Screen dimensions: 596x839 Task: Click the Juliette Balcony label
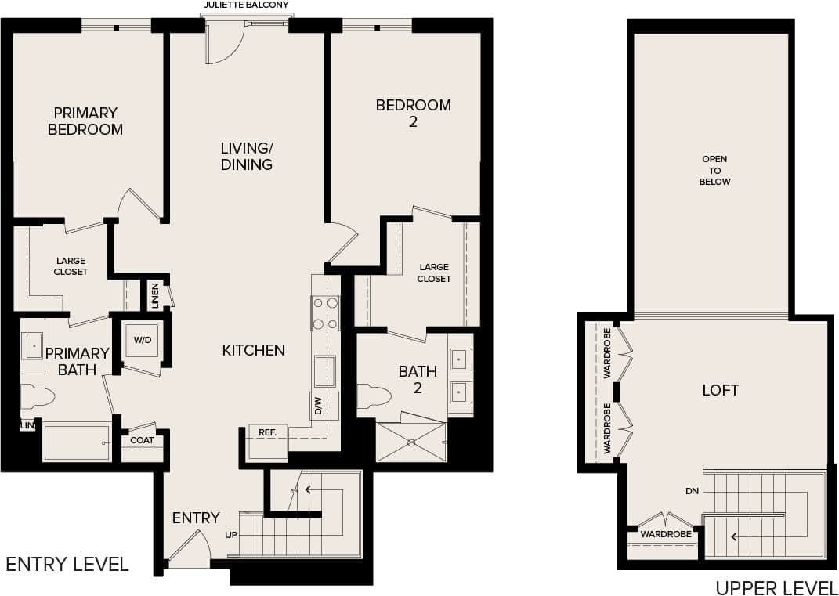246,5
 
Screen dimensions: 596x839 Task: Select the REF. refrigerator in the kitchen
267,442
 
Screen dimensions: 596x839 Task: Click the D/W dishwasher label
318,406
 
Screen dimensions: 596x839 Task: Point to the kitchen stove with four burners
325,313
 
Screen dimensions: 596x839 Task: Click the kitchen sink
325,370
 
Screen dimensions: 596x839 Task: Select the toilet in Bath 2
374,397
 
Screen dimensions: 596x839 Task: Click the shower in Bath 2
411,442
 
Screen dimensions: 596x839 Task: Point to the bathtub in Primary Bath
76,442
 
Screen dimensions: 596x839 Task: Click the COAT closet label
142,440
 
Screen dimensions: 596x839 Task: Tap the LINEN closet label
156,295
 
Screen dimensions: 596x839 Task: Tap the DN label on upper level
690,491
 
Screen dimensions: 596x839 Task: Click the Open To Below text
714,170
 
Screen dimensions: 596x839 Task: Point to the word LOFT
720,390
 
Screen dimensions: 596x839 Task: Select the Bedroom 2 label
413,113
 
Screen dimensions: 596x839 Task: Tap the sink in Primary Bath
33,345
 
